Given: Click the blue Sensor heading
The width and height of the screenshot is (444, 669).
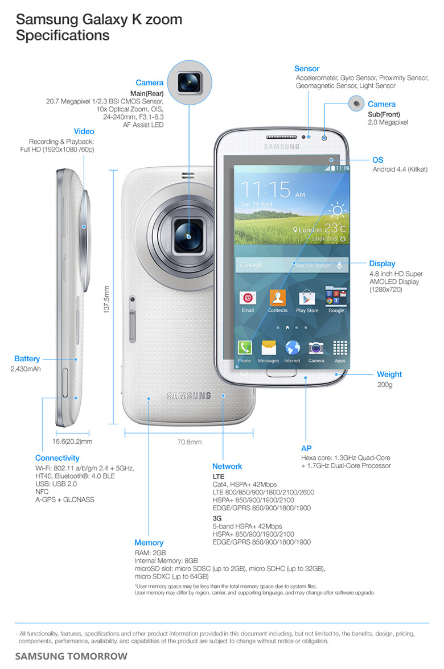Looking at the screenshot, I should [x=307, y=69].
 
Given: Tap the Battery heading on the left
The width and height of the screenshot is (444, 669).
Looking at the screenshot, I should [x=27, y=359].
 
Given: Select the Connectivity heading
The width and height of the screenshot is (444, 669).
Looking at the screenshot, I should [x=57, y=458].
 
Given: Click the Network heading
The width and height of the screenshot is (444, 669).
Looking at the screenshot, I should [x=227, y=466].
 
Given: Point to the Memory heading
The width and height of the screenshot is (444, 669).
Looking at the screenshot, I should [x=149, y=543].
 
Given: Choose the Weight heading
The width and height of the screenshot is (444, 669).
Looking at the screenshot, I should [x=389, y=374].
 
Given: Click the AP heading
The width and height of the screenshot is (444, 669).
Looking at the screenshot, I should [x=306, y=448].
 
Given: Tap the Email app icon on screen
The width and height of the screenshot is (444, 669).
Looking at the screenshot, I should [x=248, y=298].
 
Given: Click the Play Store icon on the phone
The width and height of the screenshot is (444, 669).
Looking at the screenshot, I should [x=307, y=298].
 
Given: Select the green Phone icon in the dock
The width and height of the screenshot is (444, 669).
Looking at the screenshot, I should [x=245, y=348].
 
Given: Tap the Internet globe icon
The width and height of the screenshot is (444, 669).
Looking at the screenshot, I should [x=293, y=348].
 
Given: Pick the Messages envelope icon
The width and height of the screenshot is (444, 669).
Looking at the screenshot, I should [x=268, y=348].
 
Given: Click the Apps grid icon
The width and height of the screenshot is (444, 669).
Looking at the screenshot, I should [x=340, y=348].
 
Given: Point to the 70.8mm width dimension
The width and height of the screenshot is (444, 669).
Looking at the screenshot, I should [x=190, y=441].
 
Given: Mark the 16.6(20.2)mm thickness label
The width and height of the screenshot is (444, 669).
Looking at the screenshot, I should [x=72, y=441].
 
